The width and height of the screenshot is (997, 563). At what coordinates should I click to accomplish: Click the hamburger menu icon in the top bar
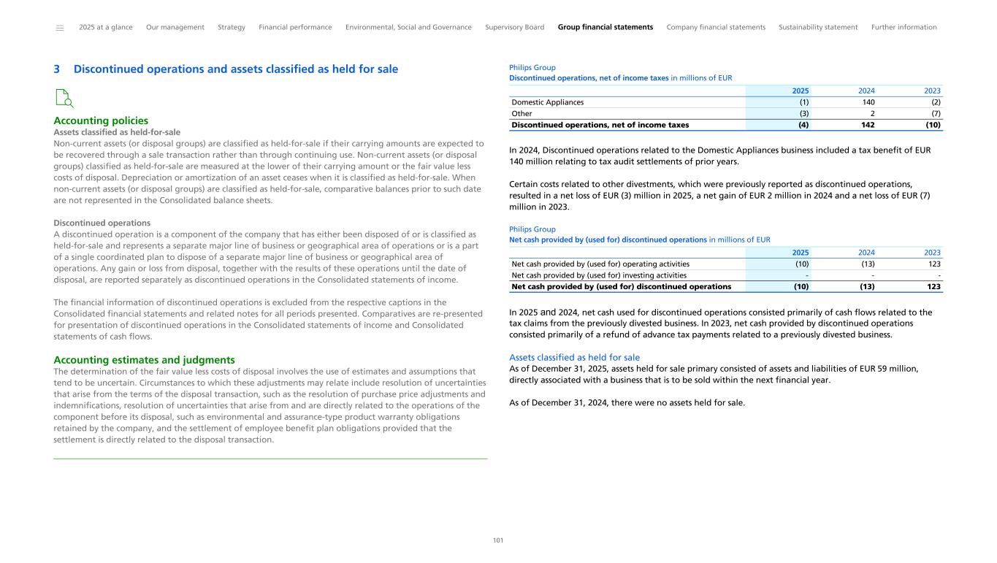(x=60, y=28)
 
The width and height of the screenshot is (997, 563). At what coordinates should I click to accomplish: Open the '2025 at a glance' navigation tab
(x=106, y=27)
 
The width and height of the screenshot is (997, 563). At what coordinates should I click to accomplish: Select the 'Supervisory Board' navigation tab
(x=514, y=27)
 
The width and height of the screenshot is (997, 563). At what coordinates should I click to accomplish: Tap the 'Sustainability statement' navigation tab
(x=818, y=27)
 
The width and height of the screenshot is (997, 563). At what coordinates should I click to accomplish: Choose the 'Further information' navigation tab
(x=904, y=27)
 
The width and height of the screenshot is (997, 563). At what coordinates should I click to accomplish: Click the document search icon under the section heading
(x=64, y=98)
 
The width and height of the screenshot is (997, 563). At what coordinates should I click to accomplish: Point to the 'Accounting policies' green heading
(x=101, y=120)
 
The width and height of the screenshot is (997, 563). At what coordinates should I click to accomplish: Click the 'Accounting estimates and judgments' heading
(x=144, y=360)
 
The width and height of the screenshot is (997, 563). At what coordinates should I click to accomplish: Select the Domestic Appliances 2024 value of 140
(x=868, y=102)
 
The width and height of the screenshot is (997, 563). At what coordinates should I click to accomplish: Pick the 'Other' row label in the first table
(x=522, y=114)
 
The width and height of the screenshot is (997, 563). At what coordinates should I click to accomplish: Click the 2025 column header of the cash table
(x=801, y=252)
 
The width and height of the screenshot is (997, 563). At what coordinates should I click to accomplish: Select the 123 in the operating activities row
(x=933, y=264)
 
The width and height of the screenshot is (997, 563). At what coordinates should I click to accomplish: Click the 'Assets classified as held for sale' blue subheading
(x=574, y=357)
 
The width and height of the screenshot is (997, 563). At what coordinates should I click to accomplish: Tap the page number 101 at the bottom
(x=498, y=540)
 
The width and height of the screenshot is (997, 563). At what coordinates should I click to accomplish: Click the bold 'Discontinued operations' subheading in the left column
(x=102, y=223)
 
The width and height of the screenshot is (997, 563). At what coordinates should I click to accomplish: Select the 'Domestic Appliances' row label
(x=547, y=102)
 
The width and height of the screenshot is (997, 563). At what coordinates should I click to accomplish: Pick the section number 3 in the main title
(x=57, y=69)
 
